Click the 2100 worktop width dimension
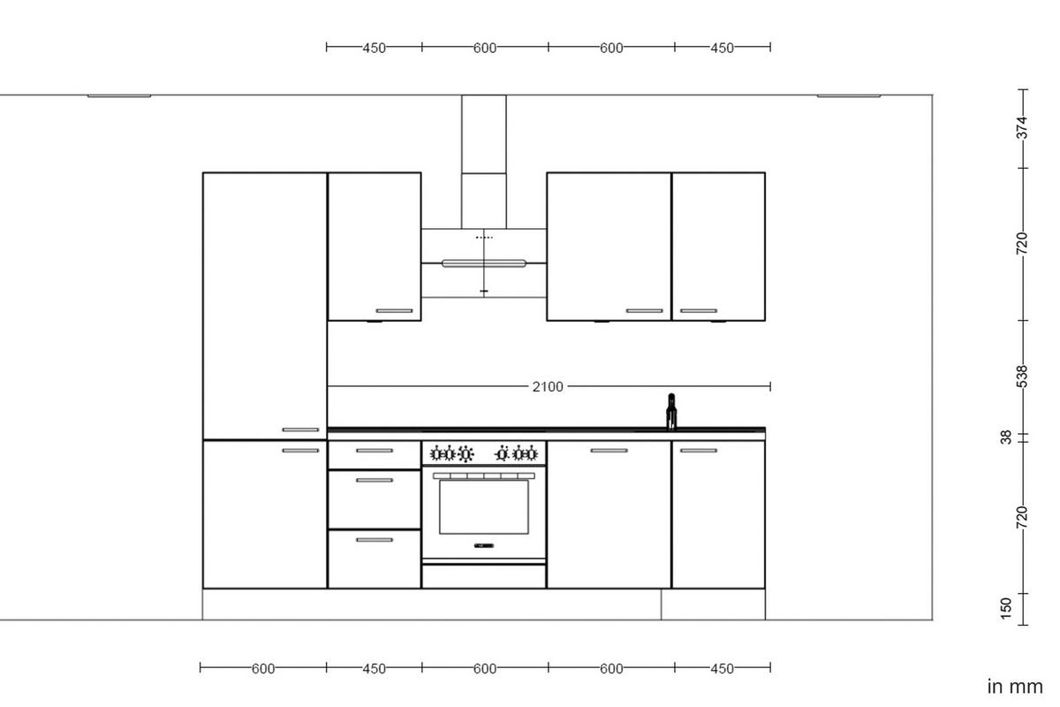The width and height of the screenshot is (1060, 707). click(x=548, y=386)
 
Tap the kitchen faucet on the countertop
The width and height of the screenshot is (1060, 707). click(x=671, y=412)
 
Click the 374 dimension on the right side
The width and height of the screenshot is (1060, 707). click(x=1022, y=127)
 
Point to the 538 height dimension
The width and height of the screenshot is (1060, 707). click(x=1022, y=376)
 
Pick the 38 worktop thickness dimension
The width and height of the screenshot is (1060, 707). click(x=1006, y=437)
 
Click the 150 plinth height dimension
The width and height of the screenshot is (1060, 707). click(x=1006, y=608)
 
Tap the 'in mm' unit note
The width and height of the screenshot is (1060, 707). click(x=1015, y=687)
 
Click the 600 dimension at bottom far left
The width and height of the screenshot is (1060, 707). click(x=263, y=668)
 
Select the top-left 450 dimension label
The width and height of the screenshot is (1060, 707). click(x=374, y=48)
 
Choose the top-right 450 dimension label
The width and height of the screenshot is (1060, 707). click(x=722, y=48)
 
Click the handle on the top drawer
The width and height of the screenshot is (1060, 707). click(x=374, y=451)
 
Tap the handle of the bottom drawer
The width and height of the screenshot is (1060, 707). click(x=374, y=539)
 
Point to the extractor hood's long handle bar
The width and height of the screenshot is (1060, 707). click(x=483, y=262)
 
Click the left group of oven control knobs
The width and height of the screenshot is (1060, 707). click(x=451, y=454)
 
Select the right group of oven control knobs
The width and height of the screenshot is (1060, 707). click(x=517, y=454)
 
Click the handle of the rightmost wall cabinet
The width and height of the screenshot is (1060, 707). click(x=698, y=311)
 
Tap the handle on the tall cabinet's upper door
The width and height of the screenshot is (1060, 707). click(x=300, y=430)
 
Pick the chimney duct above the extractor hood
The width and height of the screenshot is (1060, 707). click(x=483, y=159)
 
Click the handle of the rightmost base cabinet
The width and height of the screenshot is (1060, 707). click(x=698, y=451)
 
